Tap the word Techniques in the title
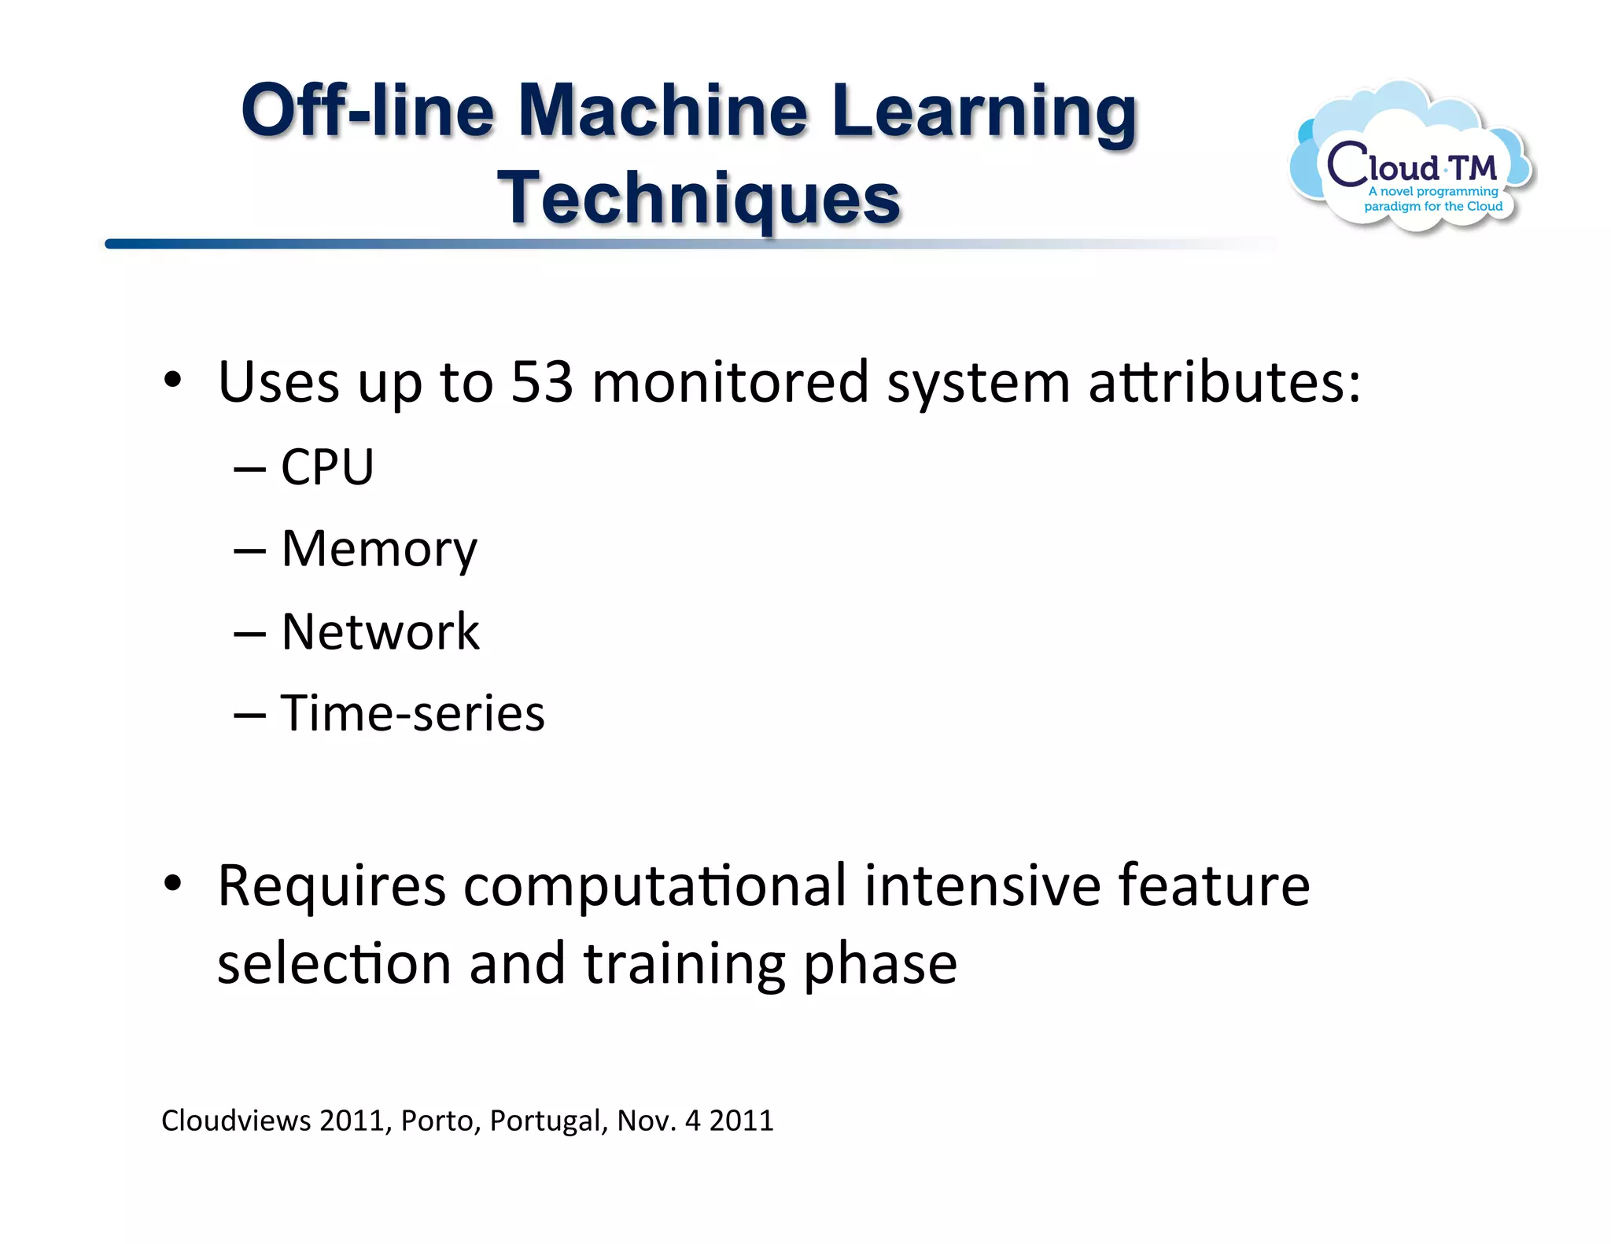point(699,198)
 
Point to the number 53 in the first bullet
point(542,382)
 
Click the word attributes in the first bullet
point(1224,382)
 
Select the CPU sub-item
point(327,467)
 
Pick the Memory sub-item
point(379,549)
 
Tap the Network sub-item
point(380,631)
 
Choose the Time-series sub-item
point(412,713)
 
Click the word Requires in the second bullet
point(331,886)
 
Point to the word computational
point(654,886)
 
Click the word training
point(684,964)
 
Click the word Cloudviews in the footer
point(236,1121)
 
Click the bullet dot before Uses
point(173,381)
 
